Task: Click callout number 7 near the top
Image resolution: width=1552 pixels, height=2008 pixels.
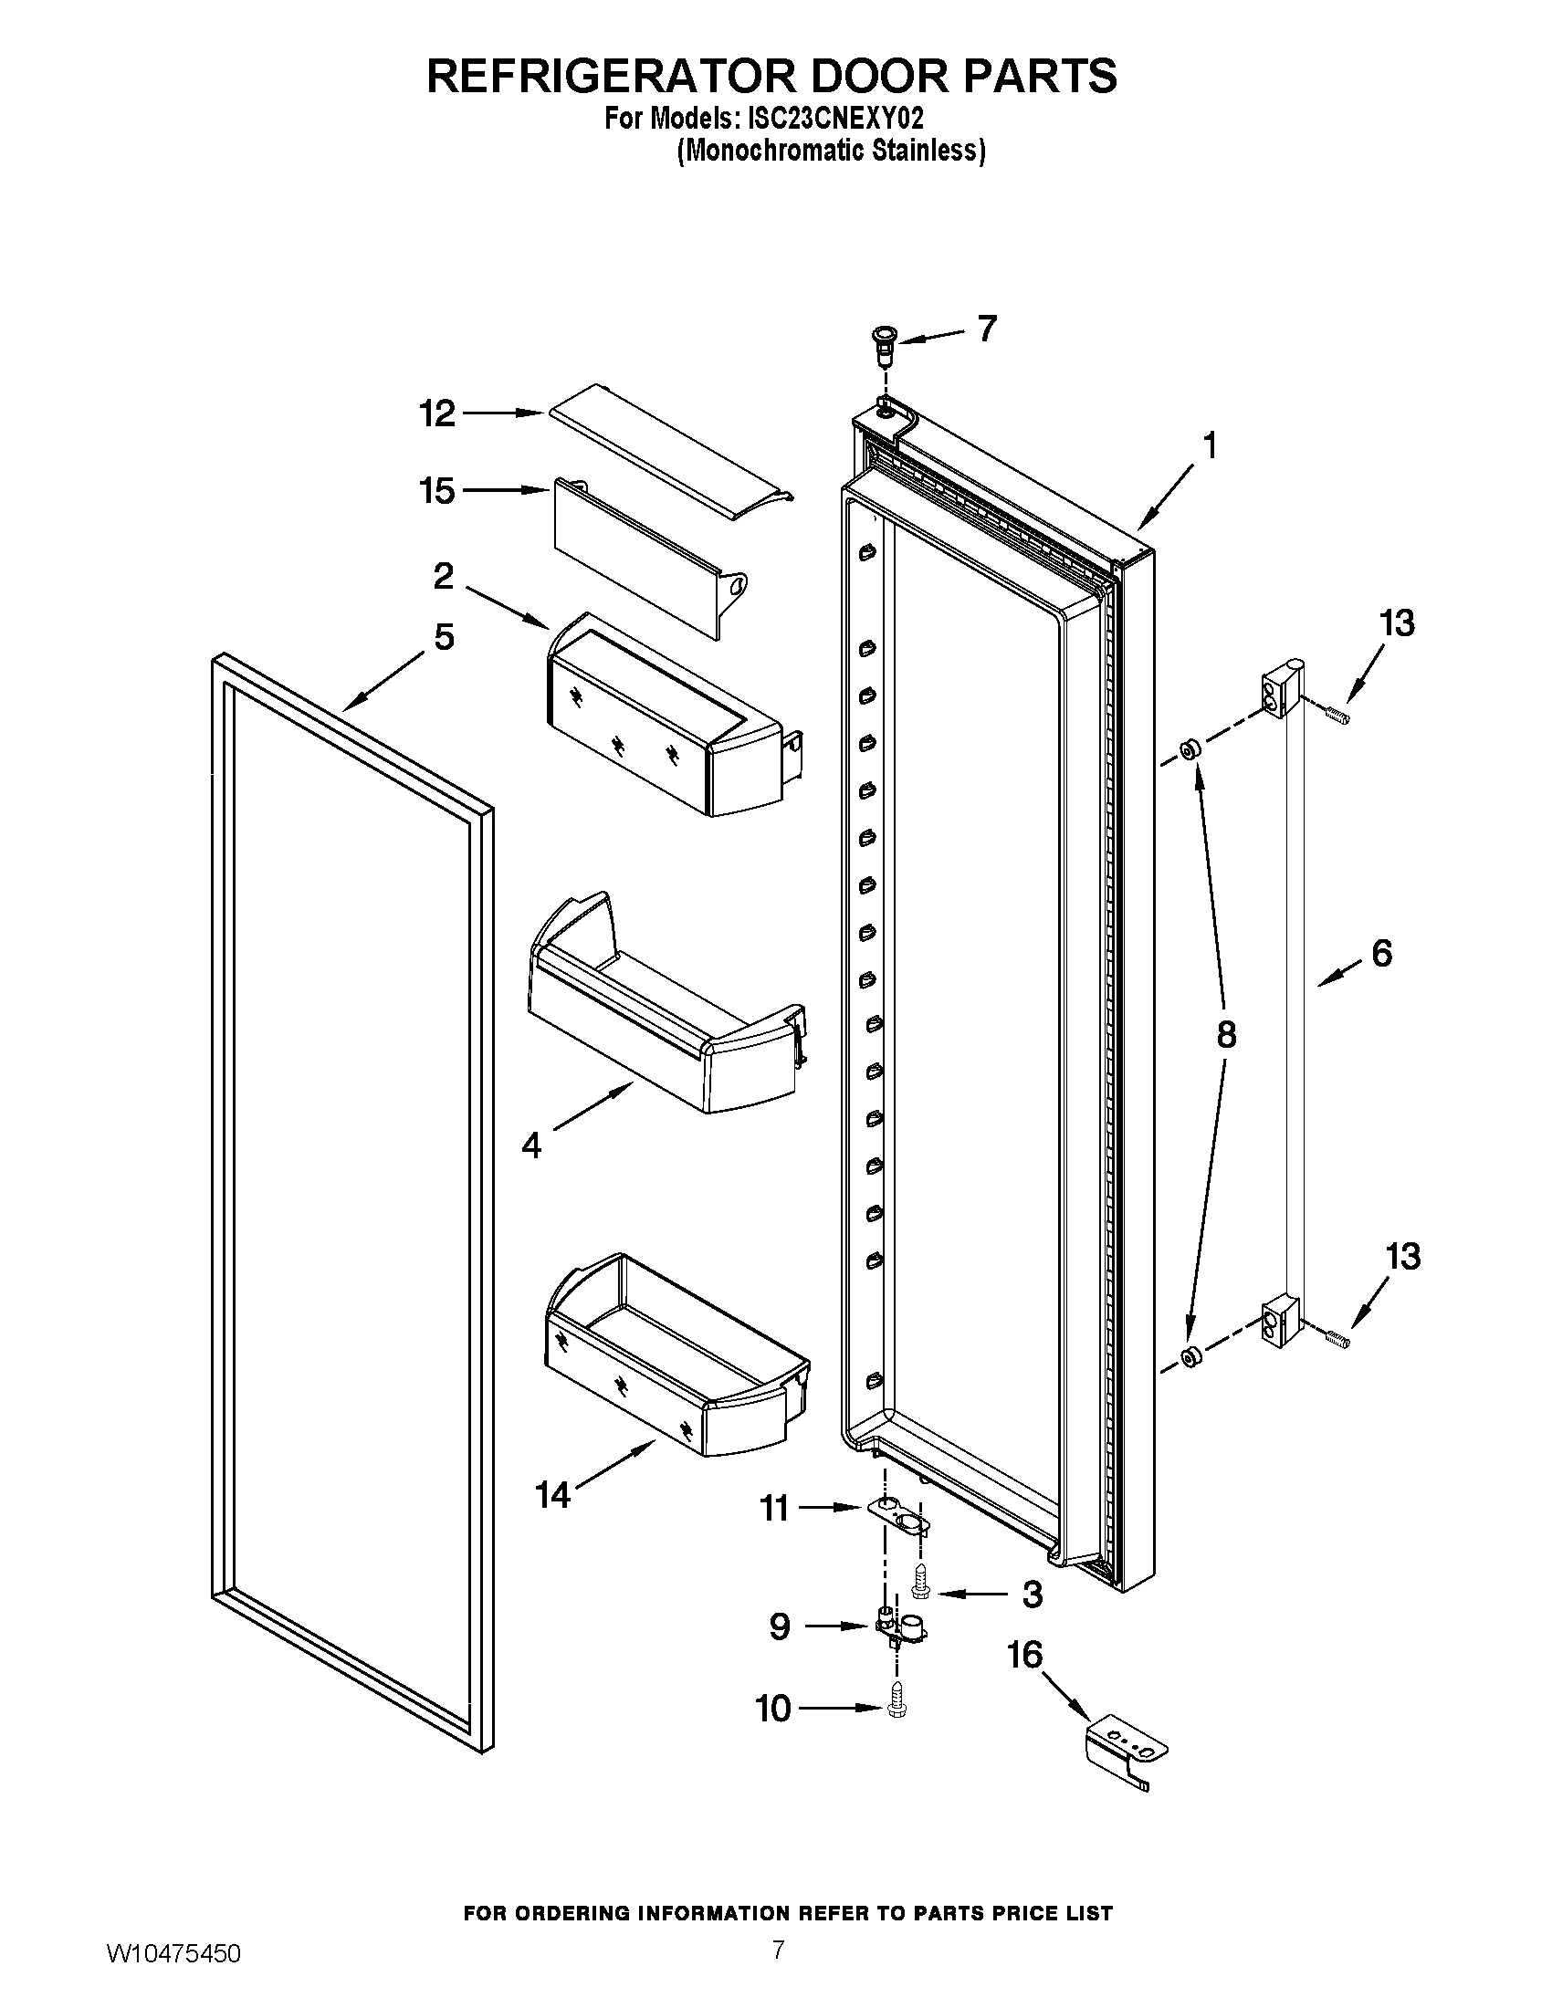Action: coord(987,329)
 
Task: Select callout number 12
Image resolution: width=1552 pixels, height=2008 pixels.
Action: coord(437,413)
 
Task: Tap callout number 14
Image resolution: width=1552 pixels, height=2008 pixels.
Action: coord(552,1496)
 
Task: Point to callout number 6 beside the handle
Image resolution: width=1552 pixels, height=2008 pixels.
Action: coord(1381,954)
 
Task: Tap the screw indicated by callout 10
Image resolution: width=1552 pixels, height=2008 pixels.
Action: coord(897,1708)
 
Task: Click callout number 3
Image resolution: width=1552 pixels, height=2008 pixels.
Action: coord(1032,1594)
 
